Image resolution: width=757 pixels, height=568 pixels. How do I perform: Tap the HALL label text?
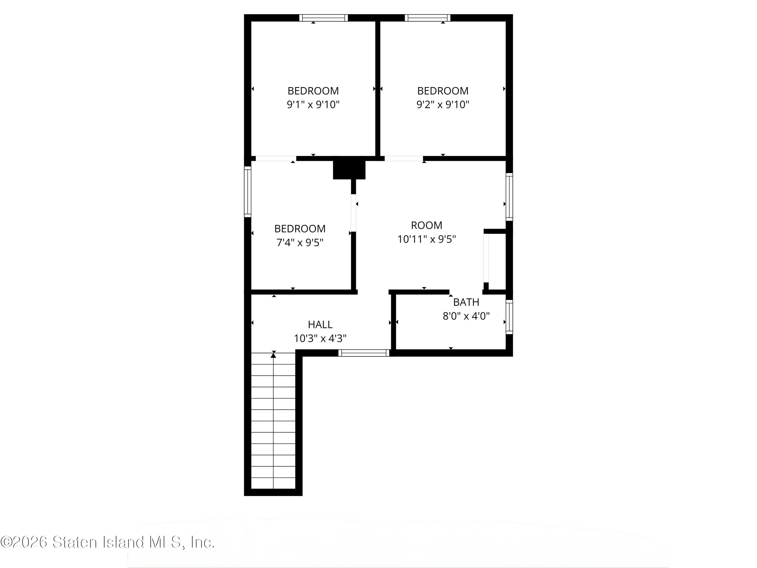pos(320,324)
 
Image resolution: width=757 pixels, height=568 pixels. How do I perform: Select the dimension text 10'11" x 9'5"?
pos(426,239)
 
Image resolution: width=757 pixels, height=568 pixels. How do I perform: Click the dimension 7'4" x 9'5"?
pos(300,242)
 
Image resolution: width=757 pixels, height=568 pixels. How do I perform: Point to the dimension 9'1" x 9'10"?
pos(313,105)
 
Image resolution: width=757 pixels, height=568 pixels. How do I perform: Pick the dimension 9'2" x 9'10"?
pos(443,105)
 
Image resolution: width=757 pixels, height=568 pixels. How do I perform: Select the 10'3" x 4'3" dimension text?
pos(320,338)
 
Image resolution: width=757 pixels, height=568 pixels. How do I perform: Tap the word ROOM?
pos(426,225)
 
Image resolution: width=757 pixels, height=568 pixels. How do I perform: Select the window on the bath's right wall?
pos(509,317)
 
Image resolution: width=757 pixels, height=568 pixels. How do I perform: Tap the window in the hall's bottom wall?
pos(364,353)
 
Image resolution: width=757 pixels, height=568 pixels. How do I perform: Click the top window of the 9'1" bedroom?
pos(323,18)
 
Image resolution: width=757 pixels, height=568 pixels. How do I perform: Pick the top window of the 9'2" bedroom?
pos(427,18)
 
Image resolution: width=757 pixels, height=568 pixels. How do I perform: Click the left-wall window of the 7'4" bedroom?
pos(248,191)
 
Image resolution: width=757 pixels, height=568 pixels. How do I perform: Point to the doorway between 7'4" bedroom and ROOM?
pos(354,213)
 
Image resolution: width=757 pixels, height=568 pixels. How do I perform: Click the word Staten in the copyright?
pos(75,542)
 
